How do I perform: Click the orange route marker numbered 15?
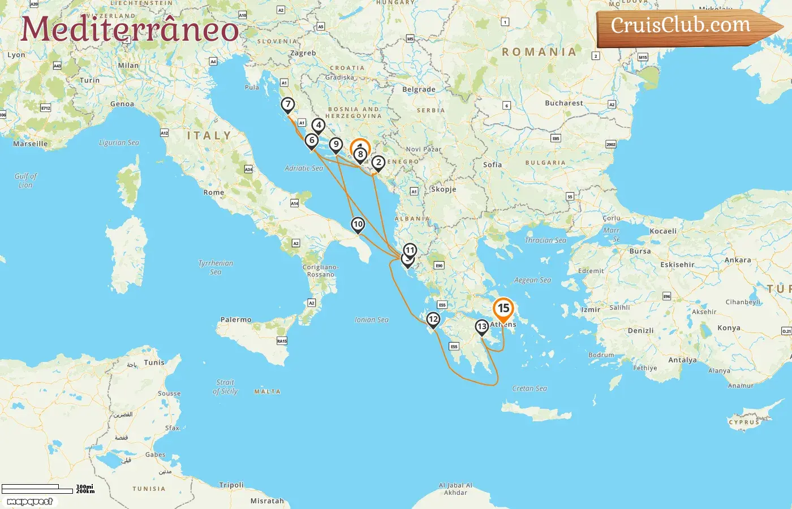coord(503,309)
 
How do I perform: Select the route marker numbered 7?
coord(288,105)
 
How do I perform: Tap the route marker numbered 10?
coord(358,225)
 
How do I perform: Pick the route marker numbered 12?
coord(433,320)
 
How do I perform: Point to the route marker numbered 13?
coord(481,327)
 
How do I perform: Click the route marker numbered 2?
coord(378,163)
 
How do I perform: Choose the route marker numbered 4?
coord(318,126)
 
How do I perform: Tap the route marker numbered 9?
coord(336,145)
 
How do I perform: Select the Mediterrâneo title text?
coord(130,29)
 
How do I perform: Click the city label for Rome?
coord(214,193)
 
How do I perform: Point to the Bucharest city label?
coord(563,103)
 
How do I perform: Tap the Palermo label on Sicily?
coord(236,320)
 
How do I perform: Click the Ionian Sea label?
coord(372,320)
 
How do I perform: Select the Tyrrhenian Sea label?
coord(216,268)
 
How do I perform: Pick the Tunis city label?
coord(154,363)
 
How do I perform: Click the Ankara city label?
coord(738,261)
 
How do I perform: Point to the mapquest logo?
coord(29,502)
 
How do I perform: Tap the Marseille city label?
coord(31,144)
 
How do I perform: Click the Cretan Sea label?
coord(530,389)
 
